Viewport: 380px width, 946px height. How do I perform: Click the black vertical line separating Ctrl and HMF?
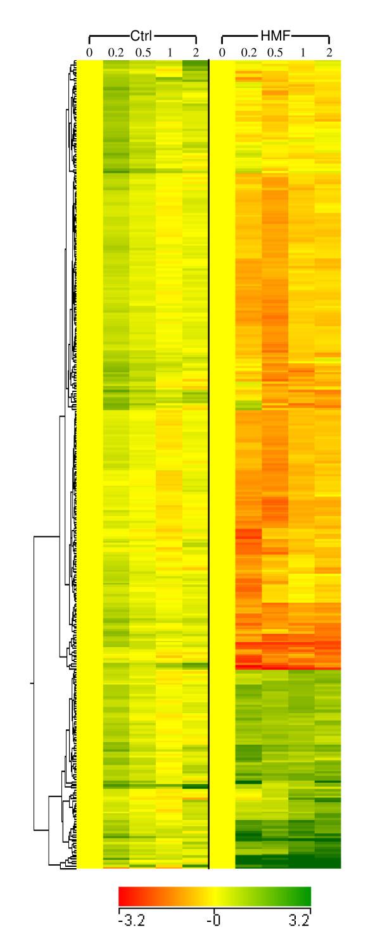(209, 443)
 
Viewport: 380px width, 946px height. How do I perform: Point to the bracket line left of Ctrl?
(108, 36)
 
